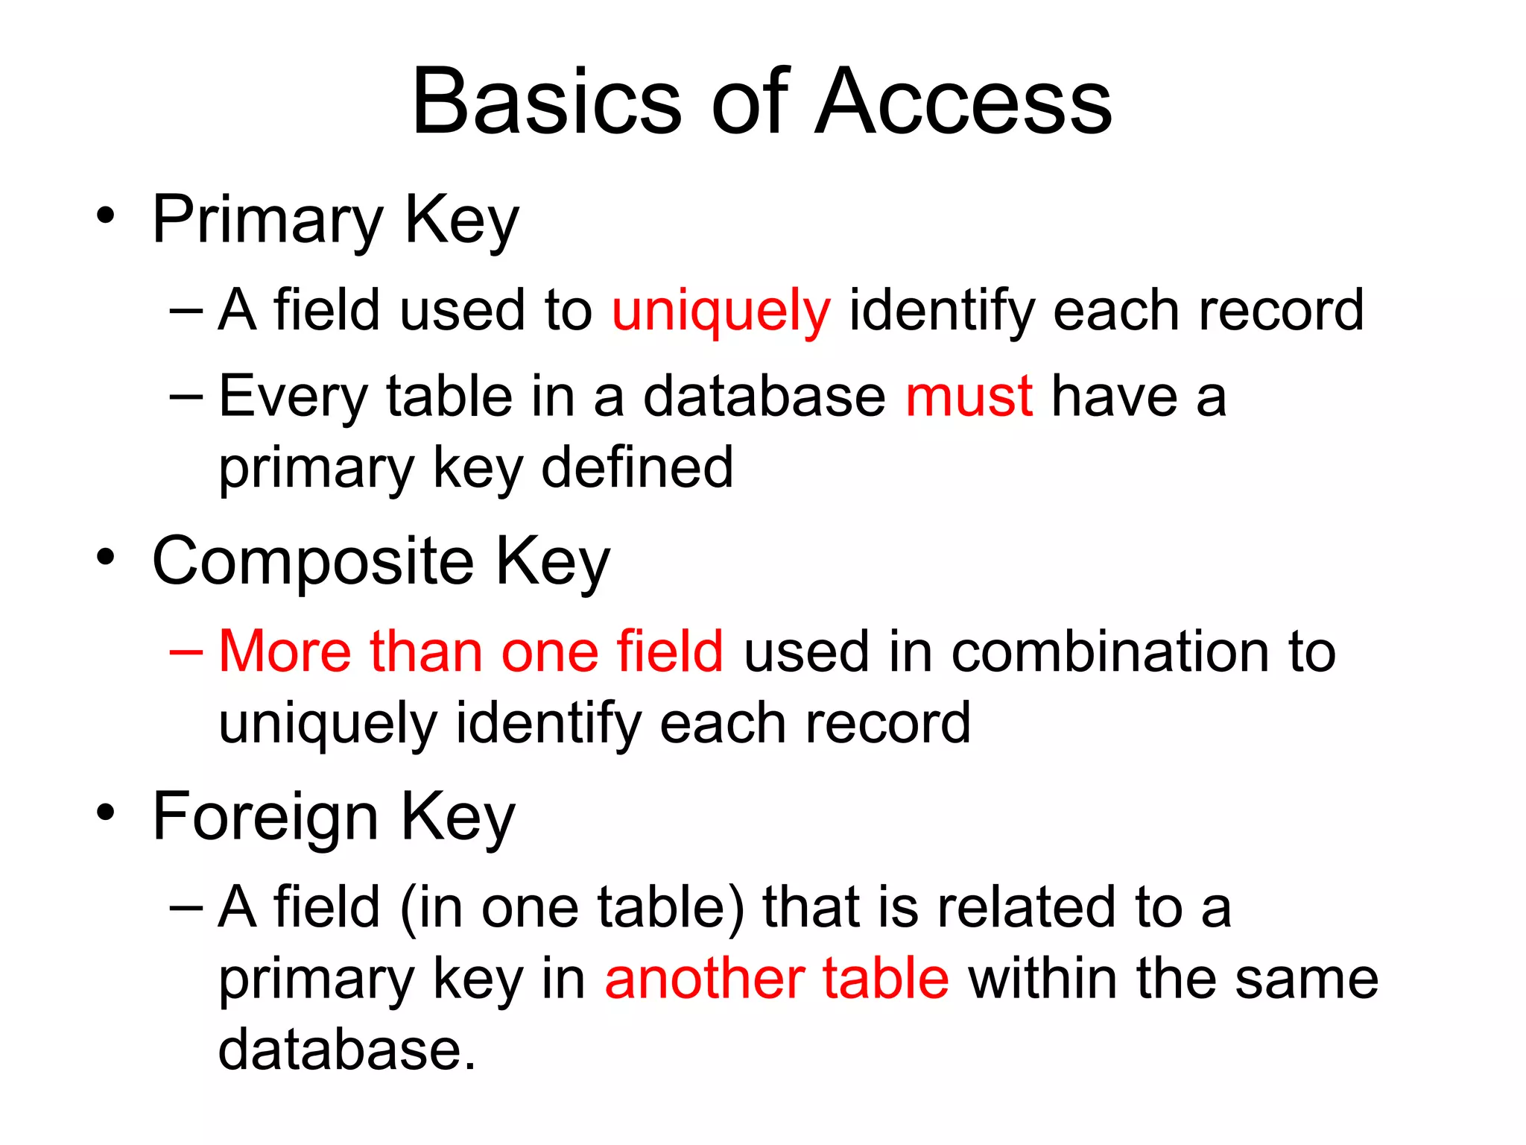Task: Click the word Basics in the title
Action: coord(546,101)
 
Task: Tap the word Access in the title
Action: coord(963,101)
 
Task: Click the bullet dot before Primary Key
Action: coord(106,216)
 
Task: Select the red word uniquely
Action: coord(721,311)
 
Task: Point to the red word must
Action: coord(969,397)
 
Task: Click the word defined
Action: coord(637,468)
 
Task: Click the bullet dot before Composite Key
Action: coord(106,557)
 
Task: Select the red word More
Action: coord(284,652)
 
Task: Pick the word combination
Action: coord(1109,652)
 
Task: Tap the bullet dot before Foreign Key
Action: coord(106,813)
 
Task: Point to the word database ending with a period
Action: coord(346,1050)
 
